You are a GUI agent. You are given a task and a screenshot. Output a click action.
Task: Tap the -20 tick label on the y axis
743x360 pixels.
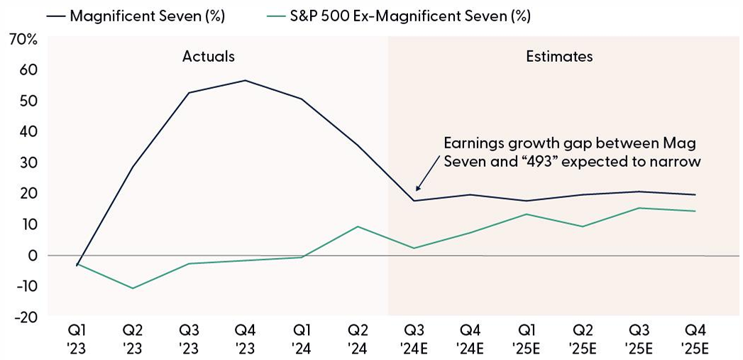coord(26,317)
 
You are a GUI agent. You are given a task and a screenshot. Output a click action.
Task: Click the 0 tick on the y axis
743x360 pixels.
coord(33,255)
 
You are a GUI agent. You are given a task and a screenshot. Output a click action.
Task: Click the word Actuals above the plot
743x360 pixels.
coord(208,56)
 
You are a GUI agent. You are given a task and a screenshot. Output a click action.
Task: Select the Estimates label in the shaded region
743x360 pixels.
coord(559,56)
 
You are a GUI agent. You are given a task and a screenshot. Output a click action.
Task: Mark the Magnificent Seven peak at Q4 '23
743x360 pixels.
coord(246,80)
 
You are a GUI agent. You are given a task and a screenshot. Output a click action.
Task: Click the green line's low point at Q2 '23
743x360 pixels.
coord(132,288)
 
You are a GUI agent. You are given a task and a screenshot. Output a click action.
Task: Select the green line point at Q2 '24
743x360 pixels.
coord(358,227)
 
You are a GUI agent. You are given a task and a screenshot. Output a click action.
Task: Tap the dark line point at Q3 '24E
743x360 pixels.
coord(414,201)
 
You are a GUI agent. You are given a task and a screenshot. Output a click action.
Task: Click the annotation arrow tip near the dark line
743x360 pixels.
coord(417,190)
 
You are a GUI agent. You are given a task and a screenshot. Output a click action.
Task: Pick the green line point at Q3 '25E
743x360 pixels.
coord(639,208)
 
